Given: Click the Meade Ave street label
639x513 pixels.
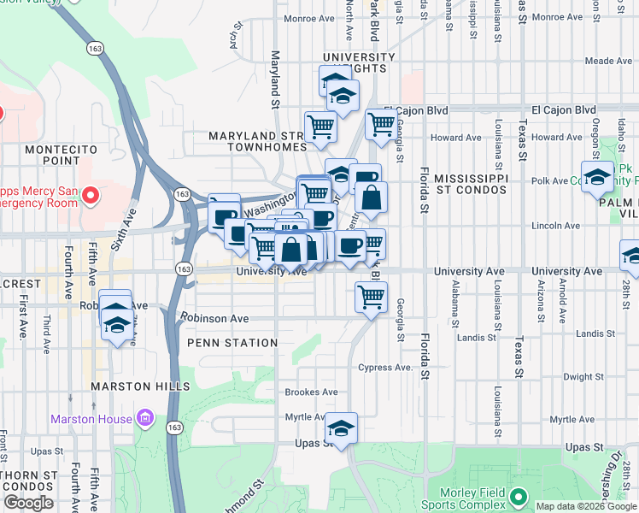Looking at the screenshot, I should (x=608, y=61).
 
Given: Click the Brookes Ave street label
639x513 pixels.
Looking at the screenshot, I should (x=311, y=392).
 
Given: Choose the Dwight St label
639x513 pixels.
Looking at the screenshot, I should (x=584, y=376).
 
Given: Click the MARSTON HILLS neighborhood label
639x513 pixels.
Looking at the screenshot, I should (x=141, y=386).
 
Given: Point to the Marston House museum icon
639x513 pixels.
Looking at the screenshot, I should (x=144, y=418).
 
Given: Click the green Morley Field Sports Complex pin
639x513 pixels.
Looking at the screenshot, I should (x=518, y=496).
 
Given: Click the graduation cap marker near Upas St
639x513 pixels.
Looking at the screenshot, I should (x=341, y=428).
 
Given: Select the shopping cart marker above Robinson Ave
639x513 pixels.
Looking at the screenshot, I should (x=371, y=298).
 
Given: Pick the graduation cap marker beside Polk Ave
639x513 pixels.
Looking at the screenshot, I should (x=598, y=177).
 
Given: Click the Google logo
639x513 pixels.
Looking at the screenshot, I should (x=28, y=504).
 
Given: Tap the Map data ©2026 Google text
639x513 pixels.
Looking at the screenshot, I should (x=585, y=506).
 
